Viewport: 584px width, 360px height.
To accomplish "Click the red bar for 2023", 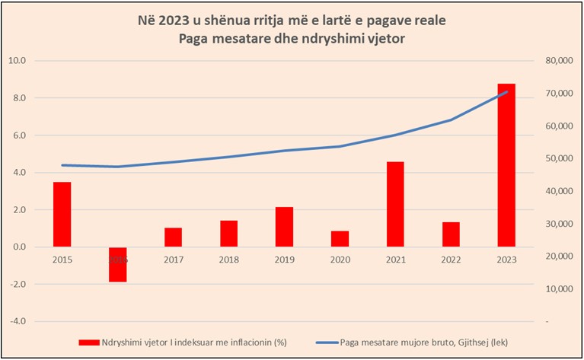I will tap(506, 165).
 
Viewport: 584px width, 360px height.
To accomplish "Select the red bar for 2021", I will tap(395, 204).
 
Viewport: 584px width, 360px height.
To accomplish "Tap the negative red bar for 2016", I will tap(117, 265).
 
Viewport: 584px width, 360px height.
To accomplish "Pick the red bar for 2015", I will tap(62, 215).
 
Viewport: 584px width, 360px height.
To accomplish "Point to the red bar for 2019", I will tap(284, 227).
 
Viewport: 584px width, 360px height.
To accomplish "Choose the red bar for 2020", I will tap(340, 239).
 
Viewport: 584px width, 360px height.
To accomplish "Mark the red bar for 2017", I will tap(173, 237).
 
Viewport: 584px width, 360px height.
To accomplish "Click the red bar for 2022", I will tap(451, 234).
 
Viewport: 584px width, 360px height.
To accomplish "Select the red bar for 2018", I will tap(228, 234).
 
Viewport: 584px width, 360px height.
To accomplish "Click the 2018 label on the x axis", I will tap(228, 259).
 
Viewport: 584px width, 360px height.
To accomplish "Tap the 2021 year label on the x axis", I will tap(395, 259).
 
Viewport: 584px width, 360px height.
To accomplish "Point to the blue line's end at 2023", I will tap(506, 92).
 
